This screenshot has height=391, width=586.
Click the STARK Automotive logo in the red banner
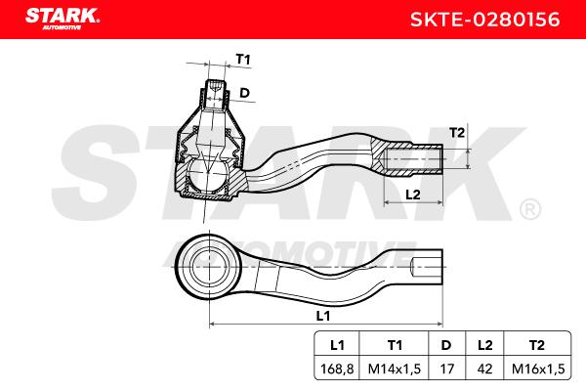pyautogui.click(x=63, y=19)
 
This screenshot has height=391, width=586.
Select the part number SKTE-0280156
pyautogui.click(x=484, y=20)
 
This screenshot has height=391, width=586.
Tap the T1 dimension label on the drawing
pyautogui.click(x=243, y=59)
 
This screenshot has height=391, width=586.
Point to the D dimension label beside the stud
pyautogui.click(x=244, y=93)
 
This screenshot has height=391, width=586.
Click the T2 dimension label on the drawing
pyautogui.click(x=457, y=133)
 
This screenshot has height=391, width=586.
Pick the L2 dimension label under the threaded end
pyautogui.click(x=413, y=195)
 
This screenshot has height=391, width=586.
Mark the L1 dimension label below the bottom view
pyautogui.click(x=323, y=316)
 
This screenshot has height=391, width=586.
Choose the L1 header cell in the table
pyautogui.click(x=337, y=345)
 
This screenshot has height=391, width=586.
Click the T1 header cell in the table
pyautogui.click(x=395, y=345)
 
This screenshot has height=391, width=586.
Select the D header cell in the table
pyautogui.click(x=446, y=345)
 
